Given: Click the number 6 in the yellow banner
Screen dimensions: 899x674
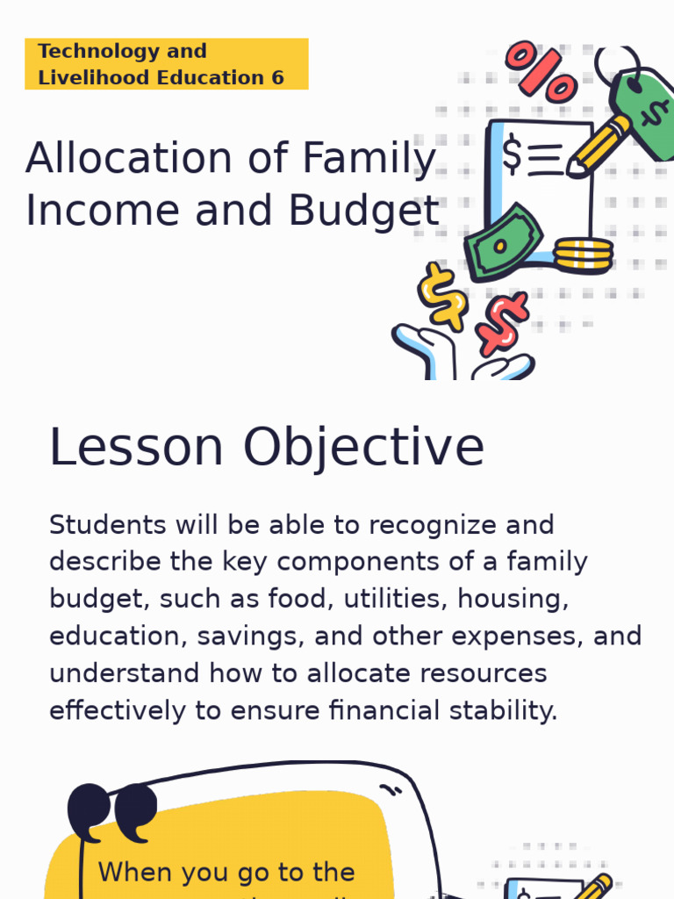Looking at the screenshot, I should point(277,77).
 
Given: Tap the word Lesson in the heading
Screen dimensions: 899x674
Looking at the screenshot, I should point(136,447).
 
